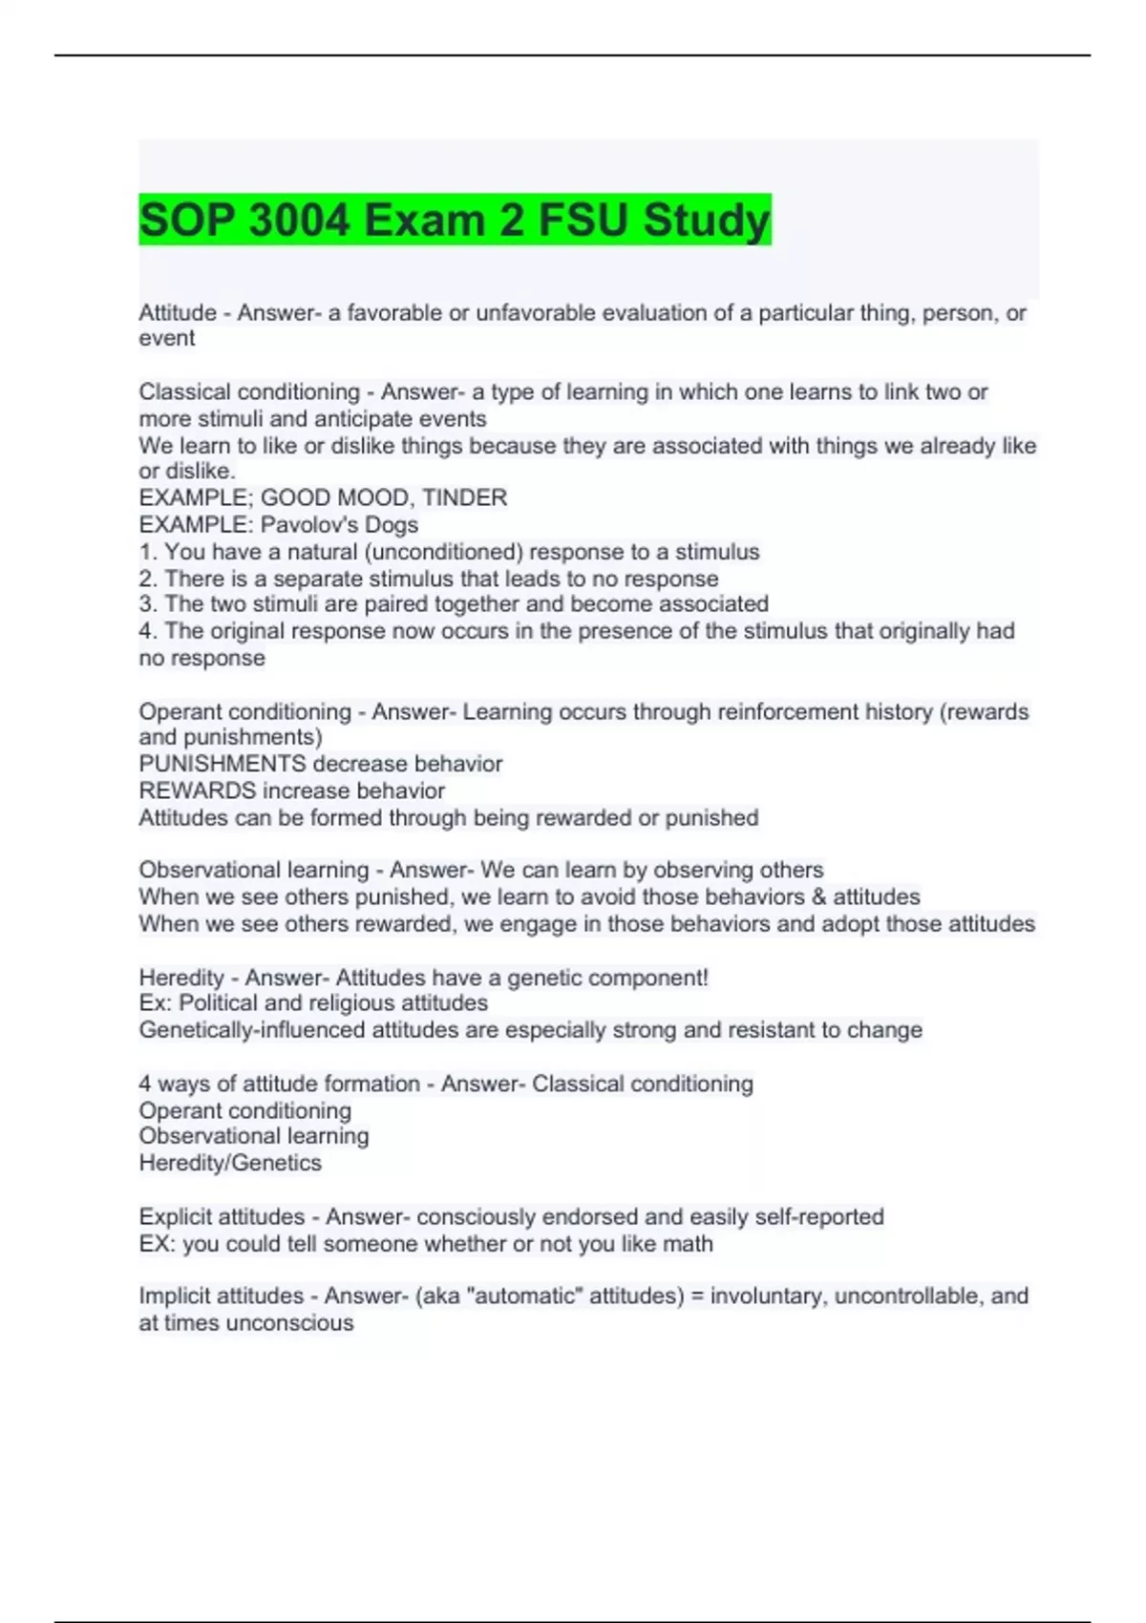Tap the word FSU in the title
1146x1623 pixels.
tap(585, 221)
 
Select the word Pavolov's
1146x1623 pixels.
tap(339, 524)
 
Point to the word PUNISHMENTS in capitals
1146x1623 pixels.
tap(222, 764)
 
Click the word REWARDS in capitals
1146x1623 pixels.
tap(197, 790)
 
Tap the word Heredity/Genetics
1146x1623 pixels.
tap(230, 1163)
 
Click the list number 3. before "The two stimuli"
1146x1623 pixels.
tap(148, 603)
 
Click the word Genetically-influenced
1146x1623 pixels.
tap(252, 1030)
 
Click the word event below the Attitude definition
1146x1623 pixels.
tap(166, 338)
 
